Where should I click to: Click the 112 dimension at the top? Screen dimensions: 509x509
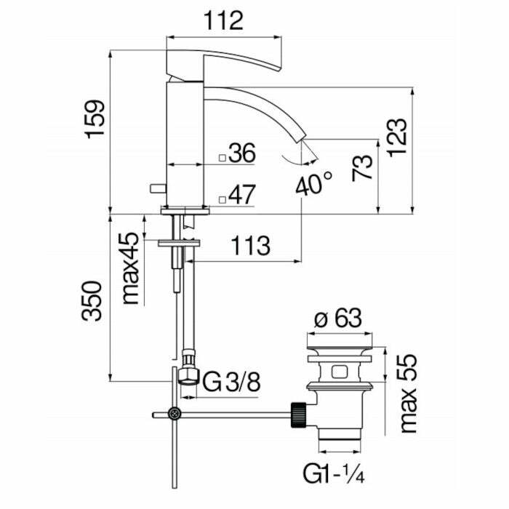coord(223,21)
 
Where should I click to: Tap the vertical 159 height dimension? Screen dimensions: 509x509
coord(95,119)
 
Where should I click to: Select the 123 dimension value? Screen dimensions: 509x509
coord(397,137)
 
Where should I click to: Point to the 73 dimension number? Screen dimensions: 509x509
coord(362,168)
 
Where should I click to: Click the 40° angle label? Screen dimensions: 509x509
coord(314,183)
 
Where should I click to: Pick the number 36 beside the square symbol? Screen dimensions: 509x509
coord(242,153)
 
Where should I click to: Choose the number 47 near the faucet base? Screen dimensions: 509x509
coord(242,195)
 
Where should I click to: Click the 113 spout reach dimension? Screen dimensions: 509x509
coord(250,246)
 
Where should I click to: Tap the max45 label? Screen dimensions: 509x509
coord(131,268)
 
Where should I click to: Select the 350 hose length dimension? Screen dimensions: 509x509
coord(92,301)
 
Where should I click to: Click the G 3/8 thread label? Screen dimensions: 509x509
coord(231,382)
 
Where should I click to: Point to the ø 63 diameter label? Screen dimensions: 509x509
coord(338,318)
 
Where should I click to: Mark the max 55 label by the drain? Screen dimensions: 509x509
coord(408,393)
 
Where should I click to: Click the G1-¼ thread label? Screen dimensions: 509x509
coord(334,474)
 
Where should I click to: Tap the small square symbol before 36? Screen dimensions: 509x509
coord(223,158)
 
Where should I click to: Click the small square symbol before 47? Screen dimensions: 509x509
coord(223,200)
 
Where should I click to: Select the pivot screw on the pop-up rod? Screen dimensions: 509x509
coord(175,414)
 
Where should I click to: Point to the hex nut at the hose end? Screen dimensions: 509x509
coord(188,376)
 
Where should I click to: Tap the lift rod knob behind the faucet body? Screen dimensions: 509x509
coord(158,188)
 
